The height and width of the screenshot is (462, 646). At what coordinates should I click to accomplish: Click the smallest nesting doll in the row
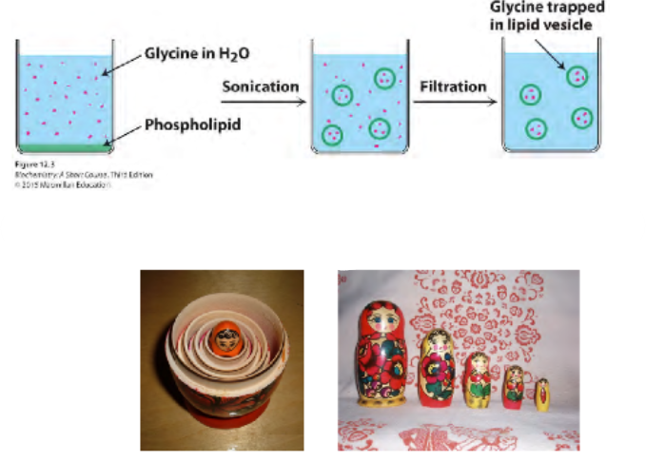[x=542, y=395]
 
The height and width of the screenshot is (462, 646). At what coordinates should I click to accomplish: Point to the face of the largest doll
[x=377, y=321]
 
